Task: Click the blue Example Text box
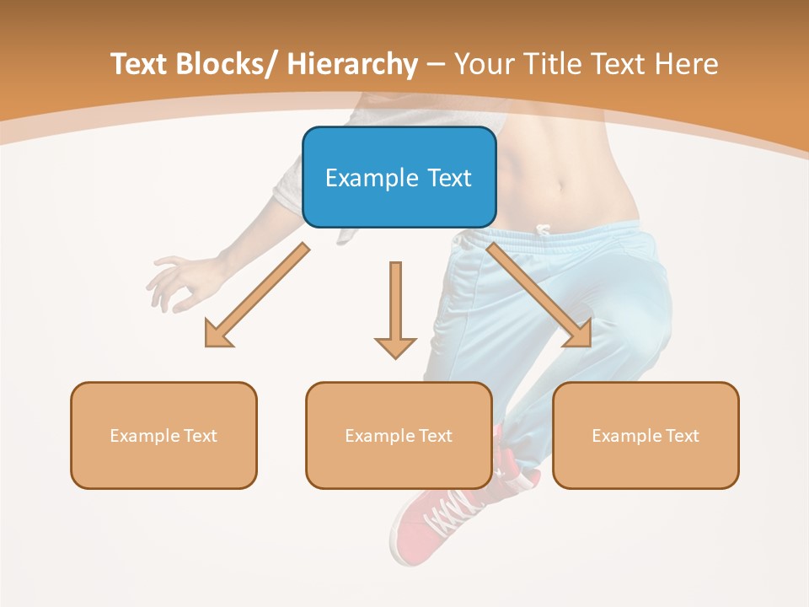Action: (399, 177)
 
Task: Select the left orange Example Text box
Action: (163, 435)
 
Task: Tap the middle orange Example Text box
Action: (399, 435)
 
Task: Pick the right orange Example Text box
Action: (646, 435)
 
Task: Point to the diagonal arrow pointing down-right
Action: (539, 295)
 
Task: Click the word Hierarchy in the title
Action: (352, 64)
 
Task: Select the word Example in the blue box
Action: (372, 178)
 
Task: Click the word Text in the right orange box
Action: (681, 435)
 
